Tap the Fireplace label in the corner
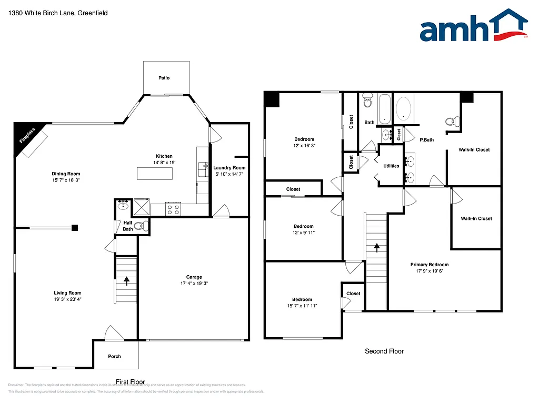pyautogui.click(x=27, y=135)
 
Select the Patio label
pyautogui.click(x=164, y=78)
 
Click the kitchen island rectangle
pyautogui.click(x=155, y=173)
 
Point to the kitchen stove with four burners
pyautogui.click(x=173, y=209)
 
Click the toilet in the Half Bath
pyautogui.click(x=139, y=226)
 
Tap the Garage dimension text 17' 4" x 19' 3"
pyautogui.click(x=194, y=284)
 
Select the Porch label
pyautogui.click(x=114, y=356)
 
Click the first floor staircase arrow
pyautogui.click(x=126, y=281)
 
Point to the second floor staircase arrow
pyautogui.click(x=376, y=246)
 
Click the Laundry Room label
pyautogui.click(x=229, y=168)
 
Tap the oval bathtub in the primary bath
pyautogui.click(x=404, y=109)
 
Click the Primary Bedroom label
pyautogui.click(x=430, y=265)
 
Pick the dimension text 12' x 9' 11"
pyautogui.click(x=304, y=233)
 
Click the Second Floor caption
pyautogui.click(x=384, y=351)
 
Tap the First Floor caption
pyautogui.click(x=130, y=382)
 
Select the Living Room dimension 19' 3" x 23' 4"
pyautogui.click(x=67, y=299)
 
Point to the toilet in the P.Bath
pyautogui.click(x=451, y=122)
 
